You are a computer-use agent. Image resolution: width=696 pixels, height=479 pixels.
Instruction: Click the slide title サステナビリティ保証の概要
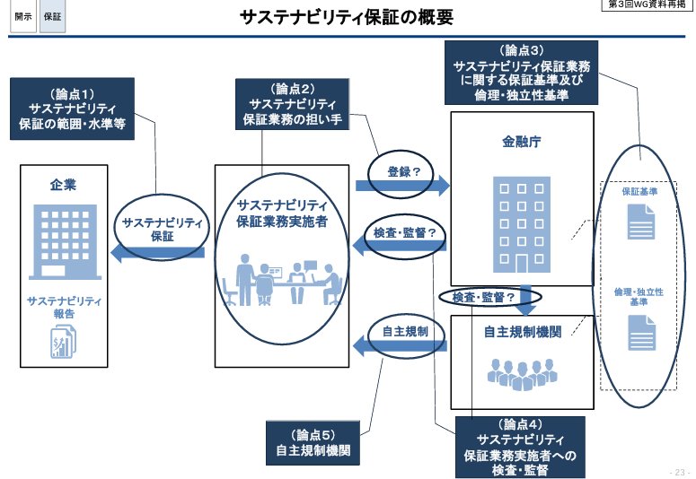coord(347,18)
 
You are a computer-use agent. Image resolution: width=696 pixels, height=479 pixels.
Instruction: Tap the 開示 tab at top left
coord(23,17)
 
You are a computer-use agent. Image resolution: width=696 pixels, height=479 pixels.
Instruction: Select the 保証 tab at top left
coord(53,17)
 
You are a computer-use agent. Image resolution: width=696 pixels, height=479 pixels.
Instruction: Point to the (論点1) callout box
coord(73,109)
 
